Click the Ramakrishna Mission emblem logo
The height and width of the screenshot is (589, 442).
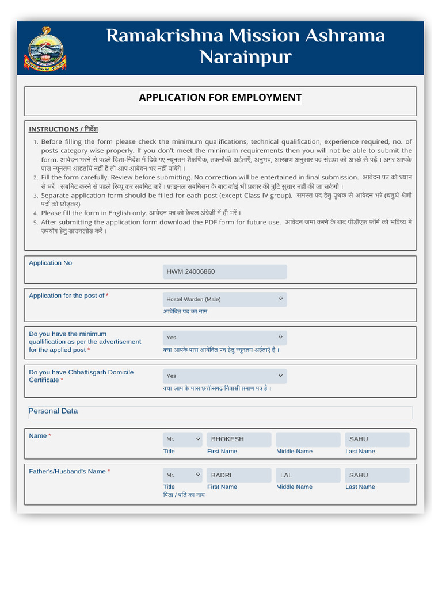coord(44,49)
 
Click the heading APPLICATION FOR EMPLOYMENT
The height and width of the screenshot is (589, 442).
coord(220,97)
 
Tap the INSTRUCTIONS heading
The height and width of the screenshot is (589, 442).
coord(63,129)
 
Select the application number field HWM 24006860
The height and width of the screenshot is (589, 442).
coord(224,271)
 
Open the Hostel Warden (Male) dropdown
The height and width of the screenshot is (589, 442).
coord(224,299)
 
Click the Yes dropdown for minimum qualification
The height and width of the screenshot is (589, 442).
coord(224,337)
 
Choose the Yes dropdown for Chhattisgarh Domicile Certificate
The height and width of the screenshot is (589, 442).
coord(224,376)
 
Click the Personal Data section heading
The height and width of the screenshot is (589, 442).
coord(53,411)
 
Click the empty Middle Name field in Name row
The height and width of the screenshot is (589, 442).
coord(308,439)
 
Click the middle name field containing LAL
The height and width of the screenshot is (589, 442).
coord(308,475)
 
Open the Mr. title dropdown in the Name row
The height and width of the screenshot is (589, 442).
coord(183,439)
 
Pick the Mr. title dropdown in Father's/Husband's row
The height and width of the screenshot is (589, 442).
coord(183,475)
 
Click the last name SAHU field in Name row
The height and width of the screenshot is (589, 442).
coord(377,439)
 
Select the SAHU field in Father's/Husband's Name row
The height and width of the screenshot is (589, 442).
coord(377,475)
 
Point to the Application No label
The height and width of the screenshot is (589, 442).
coord(51,263)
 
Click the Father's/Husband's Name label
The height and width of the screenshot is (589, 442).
coord(67,472)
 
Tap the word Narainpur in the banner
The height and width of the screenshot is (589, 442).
coord(245,58)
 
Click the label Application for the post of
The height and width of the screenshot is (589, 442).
coord(67,296)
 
